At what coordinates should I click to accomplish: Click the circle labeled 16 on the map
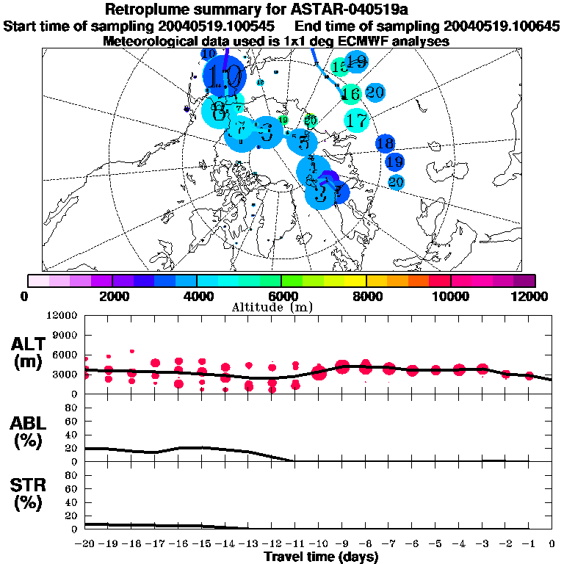(350, 93)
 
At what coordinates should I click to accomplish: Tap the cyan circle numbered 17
(357, 119)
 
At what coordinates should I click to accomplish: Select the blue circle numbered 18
(385, 143)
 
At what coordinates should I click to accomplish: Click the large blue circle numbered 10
(223, 76)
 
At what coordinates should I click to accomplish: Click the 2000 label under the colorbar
(112, 296)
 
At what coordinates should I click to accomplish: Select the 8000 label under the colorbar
(366, 296)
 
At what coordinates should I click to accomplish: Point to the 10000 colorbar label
(450, 296)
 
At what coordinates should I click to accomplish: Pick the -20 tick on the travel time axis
(85, 543)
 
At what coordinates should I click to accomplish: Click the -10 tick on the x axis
(319, 543)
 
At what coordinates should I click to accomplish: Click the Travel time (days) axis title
(321, 557)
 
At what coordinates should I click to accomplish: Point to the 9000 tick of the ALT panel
(64, 334)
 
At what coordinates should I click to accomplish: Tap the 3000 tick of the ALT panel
(64, 374)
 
